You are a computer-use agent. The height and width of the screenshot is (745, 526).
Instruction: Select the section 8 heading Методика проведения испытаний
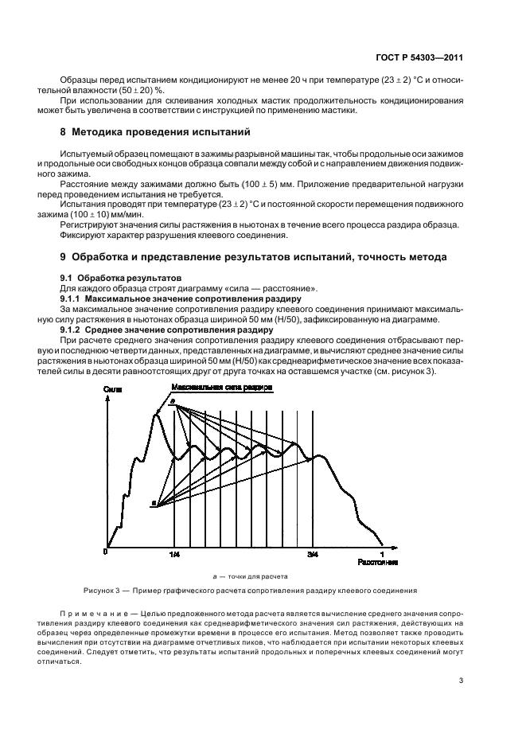[x=160, y=131]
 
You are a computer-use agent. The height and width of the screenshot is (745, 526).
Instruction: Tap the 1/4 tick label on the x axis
[x=174, y=553]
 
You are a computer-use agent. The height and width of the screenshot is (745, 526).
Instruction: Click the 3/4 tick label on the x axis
[x=313, y=553]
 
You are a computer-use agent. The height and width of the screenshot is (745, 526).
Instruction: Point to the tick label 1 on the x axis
[x=382, y=553]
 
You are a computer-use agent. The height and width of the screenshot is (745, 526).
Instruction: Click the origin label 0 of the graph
[x=105, y=552]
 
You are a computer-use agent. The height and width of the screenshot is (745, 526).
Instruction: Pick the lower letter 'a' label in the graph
[x=153, y=503]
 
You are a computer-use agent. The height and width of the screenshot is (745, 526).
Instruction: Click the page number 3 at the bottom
[x=461, y=680]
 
